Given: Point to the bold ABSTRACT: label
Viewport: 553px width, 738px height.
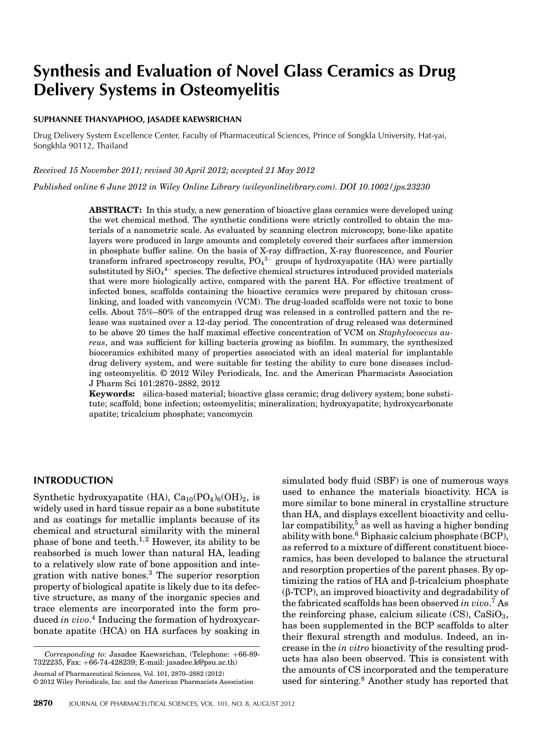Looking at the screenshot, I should point(115,210).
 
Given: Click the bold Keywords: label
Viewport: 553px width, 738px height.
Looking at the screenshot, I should point(112,394).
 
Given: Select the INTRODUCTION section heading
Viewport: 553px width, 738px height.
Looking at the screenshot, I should point(73,481).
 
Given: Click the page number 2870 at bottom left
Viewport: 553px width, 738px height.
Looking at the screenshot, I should point(43,703).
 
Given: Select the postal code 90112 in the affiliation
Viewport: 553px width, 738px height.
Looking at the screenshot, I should point(80,146).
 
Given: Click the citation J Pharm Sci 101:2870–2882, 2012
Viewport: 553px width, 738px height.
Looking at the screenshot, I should point(154,384).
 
